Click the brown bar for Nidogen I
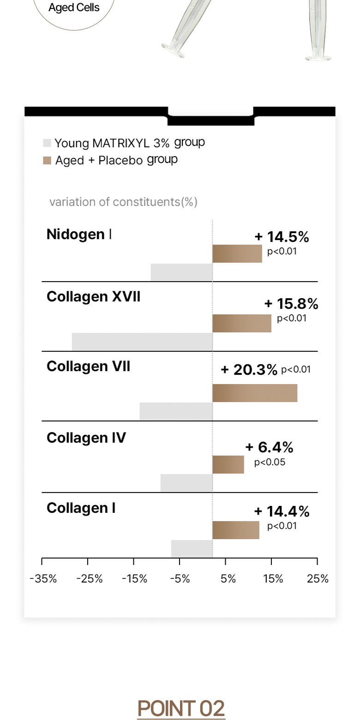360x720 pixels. pyautogui.click(x=237, y=253)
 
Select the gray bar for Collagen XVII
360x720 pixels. pyautogui.click(x=142, y=342)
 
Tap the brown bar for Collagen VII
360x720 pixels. pyautogui.click(x=255, y=393)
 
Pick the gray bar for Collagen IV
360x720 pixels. pyautogui.click(x=186, y=483)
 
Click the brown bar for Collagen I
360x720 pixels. pyautogui.click(x=236, y=530)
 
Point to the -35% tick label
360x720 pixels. pyautogui.click(x=43, y=579)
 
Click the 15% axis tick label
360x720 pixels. pyautogui.click(x=273, y=579)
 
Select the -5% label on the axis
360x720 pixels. pyautogui.click(x=180, y=579)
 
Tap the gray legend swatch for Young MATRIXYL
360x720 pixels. pyautogui.click(x=47, y=143)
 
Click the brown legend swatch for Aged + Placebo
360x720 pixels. pyautogui.click(x=47, y=161)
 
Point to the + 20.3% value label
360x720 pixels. pyautogui.click(x=249, y=370)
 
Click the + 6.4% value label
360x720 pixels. pyautogui.click(x=270, y=447)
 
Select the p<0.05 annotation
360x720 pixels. pyautogui.click(x=270, y=462)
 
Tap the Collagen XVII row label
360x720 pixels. pyautogui.click(x=94, y=296)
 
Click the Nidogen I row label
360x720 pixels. pyautogui.click(x=79, y=234)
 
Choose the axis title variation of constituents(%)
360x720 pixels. pyautogui.click(x=123, y=202)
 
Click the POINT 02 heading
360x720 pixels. pyautogui.click(x=181, y=708)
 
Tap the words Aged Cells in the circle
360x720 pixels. pyautogui.click(x=74, y=7)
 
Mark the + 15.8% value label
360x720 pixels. pyautogui.click(x=291, y=303)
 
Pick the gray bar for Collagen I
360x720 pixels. pyautogui.click(x=192, y=549)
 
